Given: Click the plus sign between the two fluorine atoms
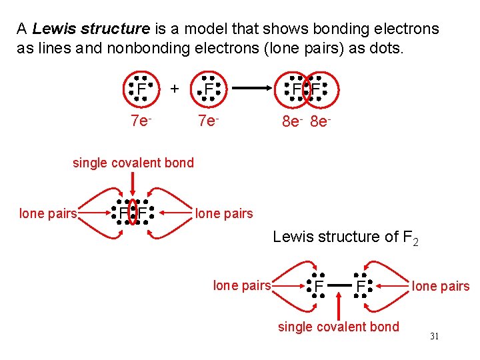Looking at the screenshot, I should pyautogui.click(x=174, y=88).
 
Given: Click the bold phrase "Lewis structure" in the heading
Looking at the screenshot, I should pyautogui.click(x=91, y=29).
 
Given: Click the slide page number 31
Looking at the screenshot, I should pyautogui.click(x=434, y=337).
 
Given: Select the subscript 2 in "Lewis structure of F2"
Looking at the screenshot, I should pyautogui.click(x=415, y=241).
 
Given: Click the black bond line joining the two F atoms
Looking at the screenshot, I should pyautogui.click(x=339, y=286).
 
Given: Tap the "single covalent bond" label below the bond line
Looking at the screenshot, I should pyautogui.click(x=338, y=327).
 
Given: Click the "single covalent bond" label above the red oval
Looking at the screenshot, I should pyautogui.click(x=133, y=163).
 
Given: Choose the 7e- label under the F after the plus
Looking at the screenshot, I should pyautogui.click(x=208, y=121).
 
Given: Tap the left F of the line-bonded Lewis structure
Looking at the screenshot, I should pyautogui.click(x=319, y=287).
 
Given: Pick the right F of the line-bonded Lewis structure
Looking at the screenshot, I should pyautogui.click(x=361, y=287).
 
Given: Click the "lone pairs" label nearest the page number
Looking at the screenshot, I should pyautogui.click(x=440, y=287).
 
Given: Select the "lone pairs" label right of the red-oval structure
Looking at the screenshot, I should pyautogui.click(x=223, y=213).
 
